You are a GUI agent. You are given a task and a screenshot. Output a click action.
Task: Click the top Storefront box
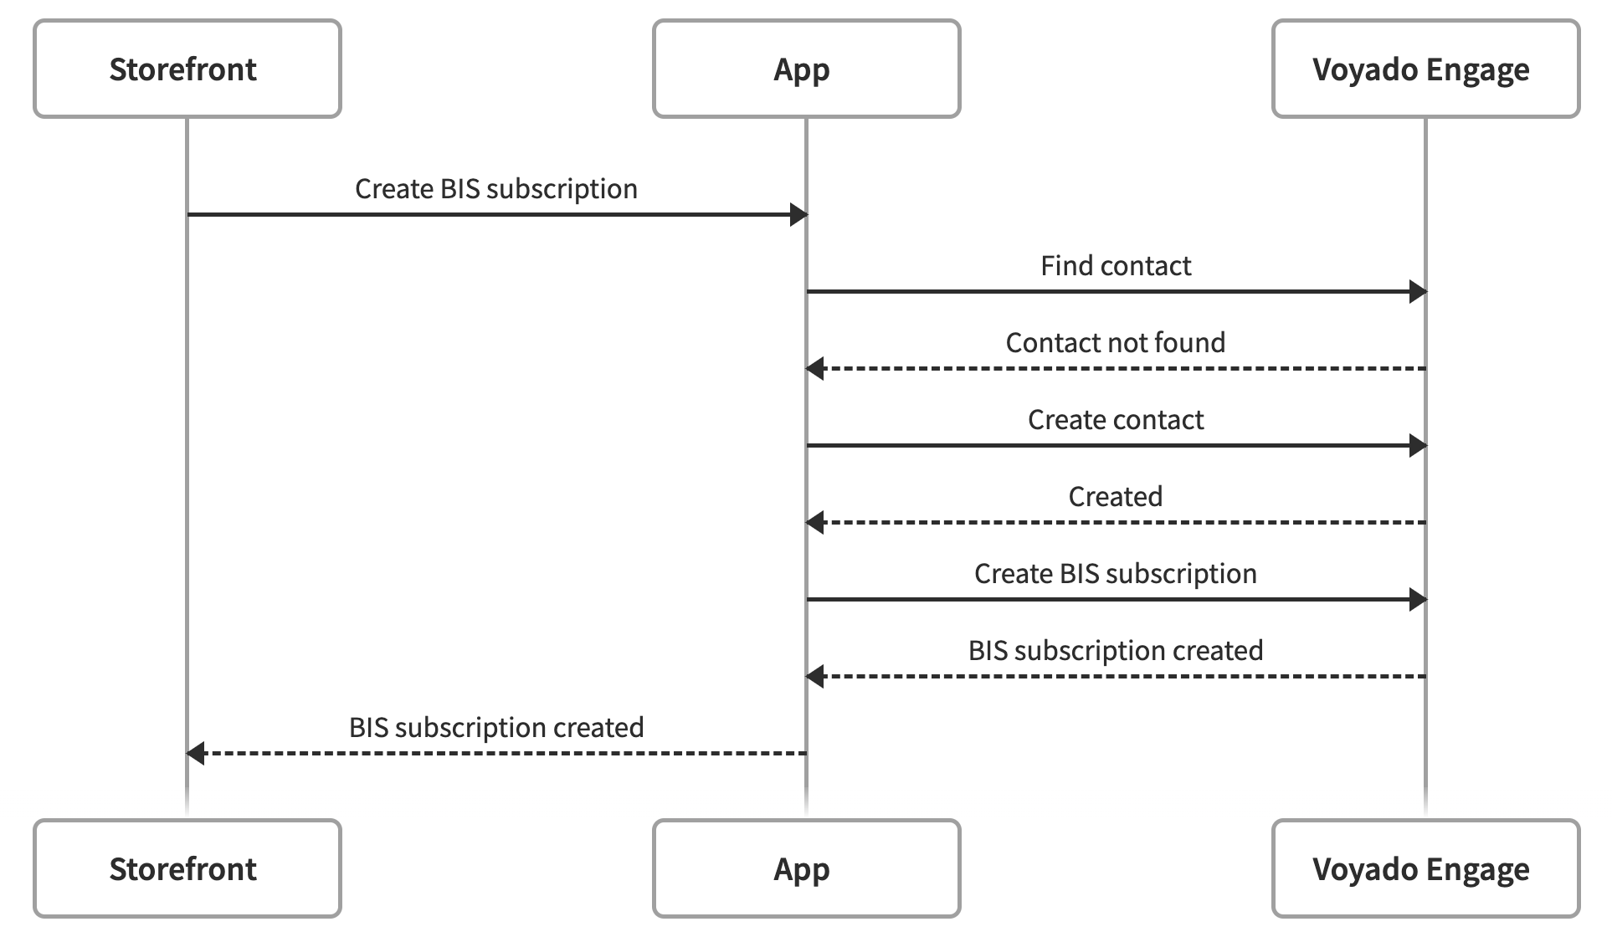pyautogui.click(x=187, y=69)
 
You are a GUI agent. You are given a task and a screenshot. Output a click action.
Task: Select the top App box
pyautogui.click(x=806, y=69)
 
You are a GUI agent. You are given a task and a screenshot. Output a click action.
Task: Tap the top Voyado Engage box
pyautogui.click(x=1425, y=69)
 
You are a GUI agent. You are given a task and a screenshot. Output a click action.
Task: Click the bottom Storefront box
pyautogui.click(x=187, y=868)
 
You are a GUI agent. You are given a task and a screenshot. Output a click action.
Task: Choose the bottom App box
pyautogui.click(x=806, y=868)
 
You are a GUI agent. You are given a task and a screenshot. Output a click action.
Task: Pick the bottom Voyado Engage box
pyautogui.click(x=1425, y=868)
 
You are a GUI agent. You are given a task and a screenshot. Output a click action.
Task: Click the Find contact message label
pyautogui.click(x=1115, y=266)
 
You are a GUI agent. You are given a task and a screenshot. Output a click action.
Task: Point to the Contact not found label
pyautogui.click(x=1115, y=343)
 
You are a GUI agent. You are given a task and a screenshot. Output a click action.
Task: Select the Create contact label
pyautogui.click(x=1115, y=420)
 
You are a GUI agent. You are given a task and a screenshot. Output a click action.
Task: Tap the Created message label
pyautogui.click(x=1115, y=497)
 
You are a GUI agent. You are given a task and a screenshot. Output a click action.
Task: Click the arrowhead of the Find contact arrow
pyautogui.click(x=1417, y=292)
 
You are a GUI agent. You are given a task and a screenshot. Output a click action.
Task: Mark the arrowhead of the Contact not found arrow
pyautogui.click(x=815, y=369)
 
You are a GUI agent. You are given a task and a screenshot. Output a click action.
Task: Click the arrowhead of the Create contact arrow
pyautogui.click(x=1417, y=446)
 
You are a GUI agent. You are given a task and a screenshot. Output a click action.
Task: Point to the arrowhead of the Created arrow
pyautogui.click(x=815, y=523)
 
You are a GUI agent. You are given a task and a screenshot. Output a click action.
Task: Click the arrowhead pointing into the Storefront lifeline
pyautogui.click(x=196, y=754)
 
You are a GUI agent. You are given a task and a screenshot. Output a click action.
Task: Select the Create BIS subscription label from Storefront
pyautogui.click(x=495, y=189)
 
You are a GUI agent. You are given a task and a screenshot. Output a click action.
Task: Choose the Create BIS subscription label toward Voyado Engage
pyautogui.click(x=1115, y=574)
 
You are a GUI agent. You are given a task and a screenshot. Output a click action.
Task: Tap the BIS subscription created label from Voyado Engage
pyautogui.click(x=1115, y=651)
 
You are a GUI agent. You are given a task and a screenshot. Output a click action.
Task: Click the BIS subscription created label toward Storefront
pyautogui.click(x=495, y=728)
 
